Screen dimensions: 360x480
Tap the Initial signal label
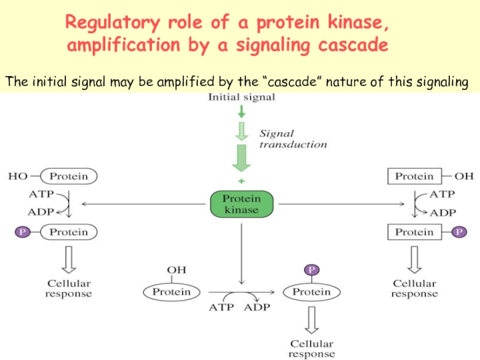[241, 98]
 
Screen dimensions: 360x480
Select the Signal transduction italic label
[293, 139]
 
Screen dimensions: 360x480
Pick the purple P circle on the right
[460, 232]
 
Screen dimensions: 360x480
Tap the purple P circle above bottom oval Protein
[311, 271]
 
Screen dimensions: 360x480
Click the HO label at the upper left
[17, 176]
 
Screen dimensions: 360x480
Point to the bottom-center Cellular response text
[311, 349]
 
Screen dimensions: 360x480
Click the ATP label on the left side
[40, 194]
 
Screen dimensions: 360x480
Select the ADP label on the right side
[444, 212]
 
